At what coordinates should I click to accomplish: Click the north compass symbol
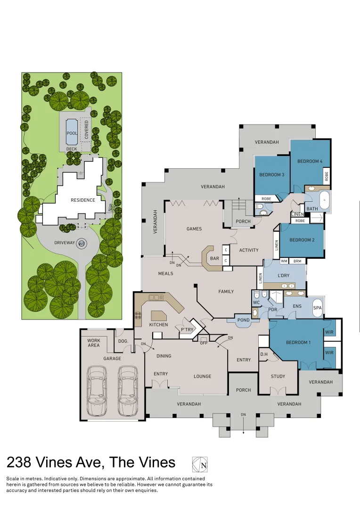click(200, 464)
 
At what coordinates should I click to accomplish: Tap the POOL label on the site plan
click(72, 133)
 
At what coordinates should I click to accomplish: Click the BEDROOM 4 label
click(310, 161)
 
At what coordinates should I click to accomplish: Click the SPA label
click(318, 308)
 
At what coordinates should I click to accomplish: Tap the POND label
click(244, 320)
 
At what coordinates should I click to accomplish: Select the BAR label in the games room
click(214, 258)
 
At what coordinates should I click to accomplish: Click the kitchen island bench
click(159, 315)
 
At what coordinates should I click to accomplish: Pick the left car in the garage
click(97, 391)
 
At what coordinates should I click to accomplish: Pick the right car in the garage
click(127, 391)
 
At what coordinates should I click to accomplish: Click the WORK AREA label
click(94, 343)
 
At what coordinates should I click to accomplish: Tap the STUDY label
click(278, 376)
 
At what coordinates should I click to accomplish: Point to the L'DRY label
click(283, 275)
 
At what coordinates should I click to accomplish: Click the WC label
click(256, 303)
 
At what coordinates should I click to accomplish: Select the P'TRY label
click(187, 329)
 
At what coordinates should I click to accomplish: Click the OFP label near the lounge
click(204, 343)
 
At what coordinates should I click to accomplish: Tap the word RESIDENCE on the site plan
click(83, 200)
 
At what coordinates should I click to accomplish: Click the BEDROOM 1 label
click(298, 342)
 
